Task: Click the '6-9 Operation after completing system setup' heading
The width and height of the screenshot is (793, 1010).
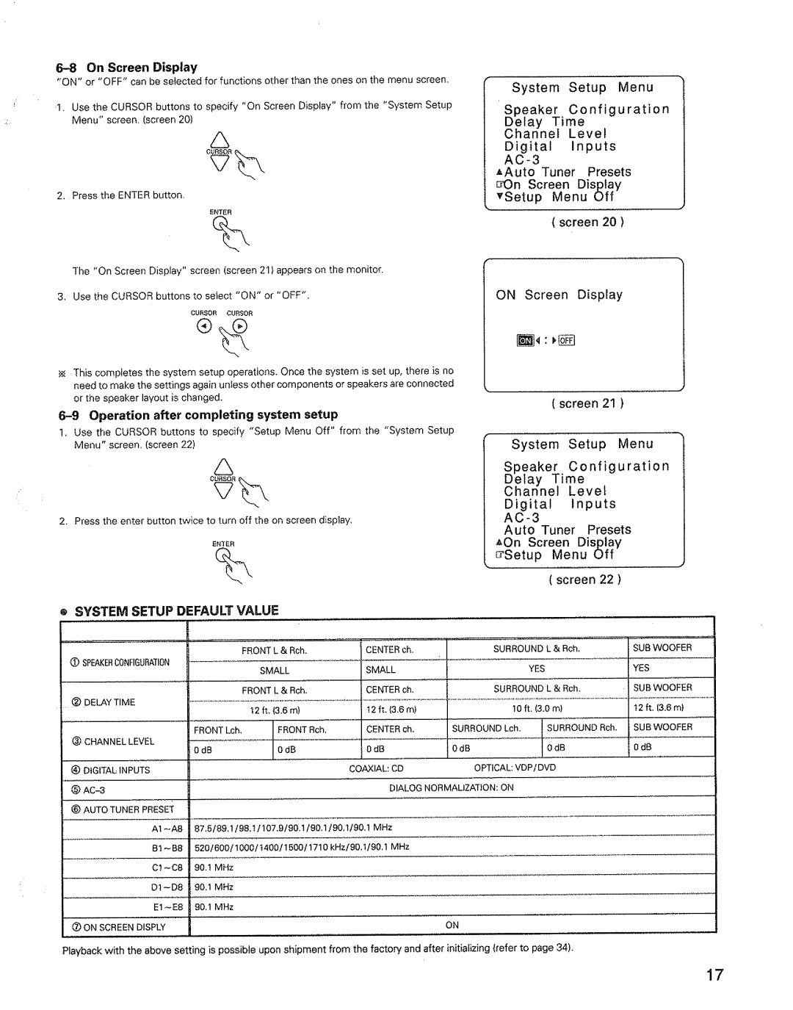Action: pos(198,414)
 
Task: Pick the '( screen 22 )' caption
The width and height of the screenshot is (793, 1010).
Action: pos(585,580)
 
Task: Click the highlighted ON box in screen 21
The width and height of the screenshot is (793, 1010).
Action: pos(524,340)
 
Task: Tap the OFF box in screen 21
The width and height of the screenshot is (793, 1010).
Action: pos(569,340)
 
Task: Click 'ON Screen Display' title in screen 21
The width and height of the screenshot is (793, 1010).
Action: pos(559,295)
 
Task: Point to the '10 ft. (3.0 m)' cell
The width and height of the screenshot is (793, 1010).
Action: pos(537,708)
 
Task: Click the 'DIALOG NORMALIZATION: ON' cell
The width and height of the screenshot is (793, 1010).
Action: pos(451,787)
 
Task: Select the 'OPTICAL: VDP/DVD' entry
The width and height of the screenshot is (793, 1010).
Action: pos(515,768)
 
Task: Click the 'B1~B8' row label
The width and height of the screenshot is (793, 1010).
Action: pos(167,848)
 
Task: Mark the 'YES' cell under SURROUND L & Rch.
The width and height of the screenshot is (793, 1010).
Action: pos(537,669)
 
